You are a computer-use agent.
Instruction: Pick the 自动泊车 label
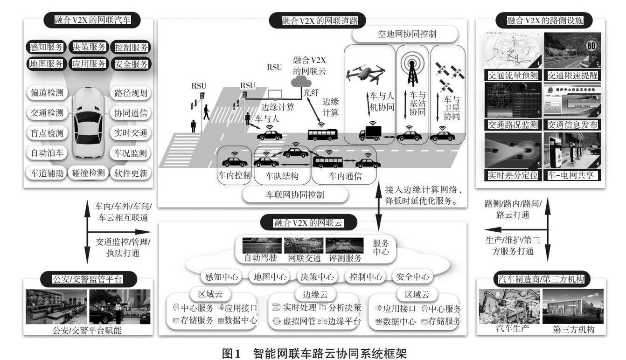point(47,152)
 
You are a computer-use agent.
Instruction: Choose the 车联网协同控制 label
point(295,195)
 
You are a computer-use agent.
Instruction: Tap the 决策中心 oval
point(315,277)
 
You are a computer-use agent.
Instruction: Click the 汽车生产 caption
point(511,329)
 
